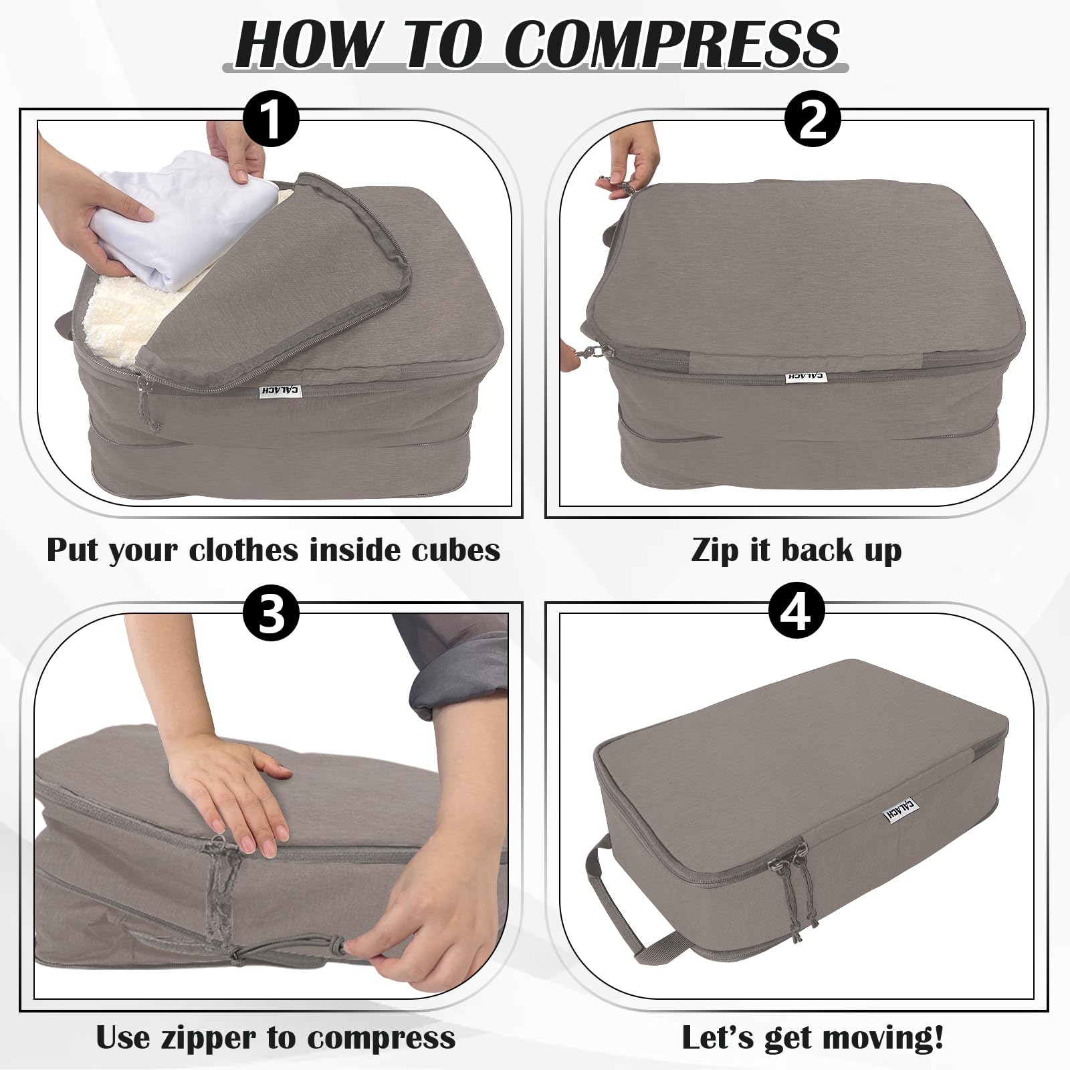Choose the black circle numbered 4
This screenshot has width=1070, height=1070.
(x=796, y=611)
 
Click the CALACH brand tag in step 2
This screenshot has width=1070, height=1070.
(x=806, y=378)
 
